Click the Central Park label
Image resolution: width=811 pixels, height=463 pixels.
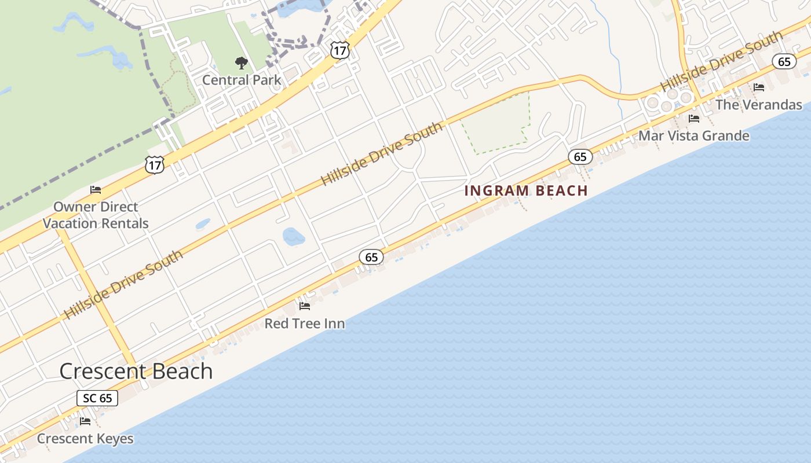click(x=242, y=80)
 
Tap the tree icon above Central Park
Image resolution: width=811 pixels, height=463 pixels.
click(x=241, y=63)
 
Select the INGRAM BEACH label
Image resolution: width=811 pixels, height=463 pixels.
click(x=526, y=190)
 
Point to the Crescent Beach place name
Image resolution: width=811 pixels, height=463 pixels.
click(x=136, y=371)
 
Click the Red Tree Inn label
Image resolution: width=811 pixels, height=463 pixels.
click(x=305, y=324)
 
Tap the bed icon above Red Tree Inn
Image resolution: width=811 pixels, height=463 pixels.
click(x=305, y=306)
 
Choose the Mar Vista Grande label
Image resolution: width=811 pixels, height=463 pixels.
click(x=694, y=136)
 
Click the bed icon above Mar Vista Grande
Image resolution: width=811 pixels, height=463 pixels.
click(x=694, y=119)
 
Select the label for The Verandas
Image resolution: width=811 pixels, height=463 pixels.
click(x=759, y=105)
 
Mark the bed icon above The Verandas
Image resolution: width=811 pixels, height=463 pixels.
click(x=759, y=87)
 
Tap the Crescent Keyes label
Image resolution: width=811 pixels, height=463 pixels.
click(x=85, y=439)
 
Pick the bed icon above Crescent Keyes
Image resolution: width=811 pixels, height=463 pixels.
click(x=85, y=421)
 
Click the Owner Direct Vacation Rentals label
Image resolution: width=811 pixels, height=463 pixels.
click(x=96, y=215)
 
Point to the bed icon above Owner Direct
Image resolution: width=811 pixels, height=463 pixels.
click(x=96, y=189)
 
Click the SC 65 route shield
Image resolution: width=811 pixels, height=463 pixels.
click(x=97, y=398)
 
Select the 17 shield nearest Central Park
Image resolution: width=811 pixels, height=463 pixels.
click(x=339, y=50)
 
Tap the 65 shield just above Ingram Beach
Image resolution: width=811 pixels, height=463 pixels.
click(x=580, y=156)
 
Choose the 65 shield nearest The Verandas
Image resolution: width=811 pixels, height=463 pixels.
click(x=784, y=61)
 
